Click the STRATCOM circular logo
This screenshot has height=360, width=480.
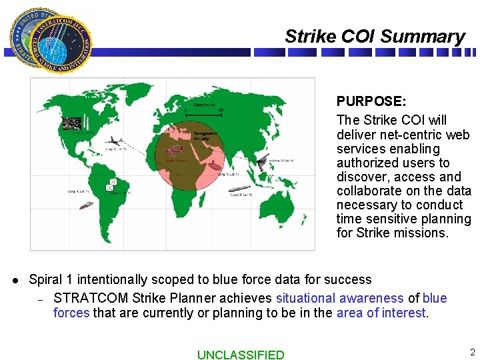pyautogui.click(x=50, y=41)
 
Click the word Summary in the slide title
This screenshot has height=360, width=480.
pyautogui.click(x=429, y=37)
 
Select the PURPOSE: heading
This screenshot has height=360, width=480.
pyautogui.click(x=371, y=101)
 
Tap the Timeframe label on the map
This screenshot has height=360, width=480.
pyautogui.click(x=205, y=105)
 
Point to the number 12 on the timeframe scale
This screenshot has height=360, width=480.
pyautogui.click(x=221, y=110)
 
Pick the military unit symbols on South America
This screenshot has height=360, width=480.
pyautogui.click(x=112, y=185)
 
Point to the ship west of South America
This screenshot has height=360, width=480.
pyautogui.click(x=85, y=205)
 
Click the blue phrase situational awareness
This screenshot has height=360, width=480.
pyautogui.click(x=339, y=298)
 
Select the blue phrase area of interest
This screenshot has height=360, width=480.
pyautogui.click(x=381, y=313)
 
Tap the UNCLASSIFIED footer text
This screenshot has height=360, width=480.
pyautogui.click(x=240, y=355)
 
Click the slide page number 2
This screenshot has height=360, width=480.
pyautogui.click(x=472, y=352)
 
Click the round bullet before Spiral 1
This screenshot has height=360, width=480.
pyautogui.click(x=15, y=280)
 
